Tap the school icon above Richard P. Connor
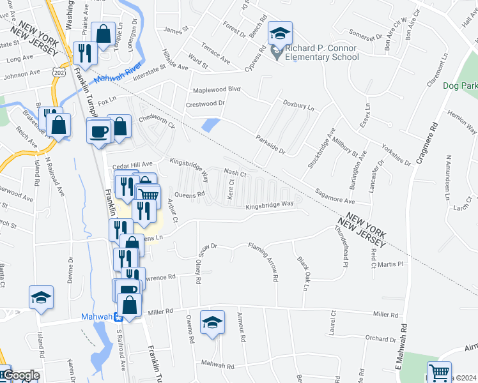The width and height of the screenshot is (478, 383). click(280, 33)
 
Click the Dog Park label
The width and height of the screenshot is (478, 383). click(460, 86)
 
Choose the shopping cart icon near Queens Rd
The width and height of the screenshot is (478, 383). click(148, 193)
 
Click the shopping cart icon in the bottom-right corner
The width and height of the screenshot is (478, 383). click(439, 372)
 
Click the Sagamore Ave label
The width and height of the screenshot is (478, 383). click(336, 196)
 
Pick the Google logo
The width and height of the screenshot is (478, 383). click(20, 375)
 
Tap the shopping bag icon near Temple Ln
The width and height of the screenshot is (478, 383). click(102, 34)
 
